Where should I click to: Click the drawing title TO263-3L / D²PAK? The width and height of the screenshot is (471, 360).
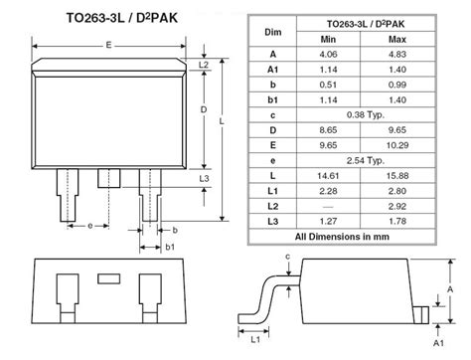coord(122,18)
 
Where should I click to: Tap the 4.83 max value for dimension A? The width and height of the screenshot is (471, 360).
coord(397,55)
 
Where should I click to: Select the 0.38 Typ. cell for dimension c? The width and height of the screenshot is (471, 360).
coord(366,115)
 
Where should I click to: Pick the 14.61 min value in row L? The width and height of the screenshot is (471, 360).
coord(328,176)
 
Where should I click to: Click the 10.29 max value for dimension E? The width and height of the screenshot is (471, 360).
coord(397,145)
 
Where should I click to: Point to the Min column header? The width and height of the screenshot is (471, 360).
coord(328,40)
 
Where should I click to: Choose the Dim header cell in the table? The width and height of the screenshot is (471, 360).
coord(273,32)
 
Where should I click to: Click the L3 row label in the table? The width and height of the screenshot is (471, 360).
coord(272,221)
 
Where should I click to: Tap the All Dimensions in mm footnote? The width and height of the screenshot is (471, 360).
coord(342,237)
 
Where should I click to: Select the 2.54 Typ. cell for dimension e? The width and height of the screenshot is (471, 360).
coord(366,161)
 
